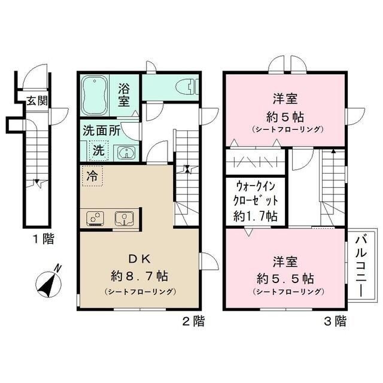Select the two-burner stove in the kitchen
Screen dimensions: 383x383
click(x=96, y=218)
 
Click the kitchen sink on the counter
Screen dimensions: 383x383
click(x=124, y=218)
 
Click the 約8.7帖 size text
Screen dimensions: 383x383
click(x=139, y=276)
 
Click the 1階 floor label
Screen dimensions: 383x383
click(x=43, y=240)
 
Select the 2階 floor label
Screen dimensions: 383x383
click(x=193, y=321)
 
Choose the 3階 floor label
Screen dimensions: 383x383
click(x=335, y=321)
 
